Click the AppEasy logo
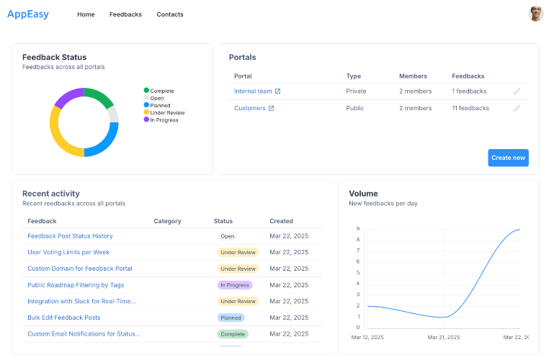click(28, 14)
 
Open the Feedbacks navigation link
click(125, 14)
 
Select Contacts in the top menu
click(170, 14)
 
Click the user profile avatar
click(535, 14)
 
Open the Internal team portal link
click(253, 91)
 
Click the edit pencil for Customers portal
click(517, 108)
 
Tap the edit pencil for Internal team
click(517, 91)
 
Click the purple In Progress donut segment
click(67, 96)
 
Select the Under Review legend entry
click(164, 112)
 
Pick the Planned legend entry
click(157, 105)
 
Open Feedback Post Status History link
click(70, 236)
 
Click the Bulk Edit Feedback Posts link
click(64, 318)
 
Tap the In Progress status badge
click(235, 285)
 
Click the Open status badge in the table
click(228, 236)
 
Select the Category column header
click(167, 221)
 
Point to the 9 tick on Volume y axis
click(358, 229)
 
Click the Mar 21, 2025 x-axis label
click(444, 338)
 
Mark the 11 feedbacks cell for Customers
click(470, 108)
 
